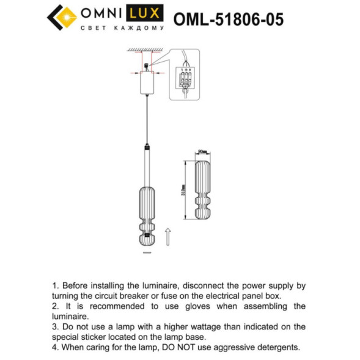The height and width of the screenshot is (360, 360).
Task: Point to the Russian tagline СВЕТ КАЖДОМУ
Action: [122, 29]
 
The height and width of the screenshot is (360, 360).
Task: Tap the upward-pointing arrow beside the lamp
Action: [169, 237]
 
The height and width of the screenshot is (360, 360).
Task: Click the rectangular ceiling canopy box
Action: [146, 83]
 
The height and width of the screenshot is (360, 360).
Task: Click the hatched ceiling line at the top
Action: [145, 50]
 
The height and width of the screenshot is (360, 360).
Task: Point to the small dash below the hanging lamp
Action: [146, 251]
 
